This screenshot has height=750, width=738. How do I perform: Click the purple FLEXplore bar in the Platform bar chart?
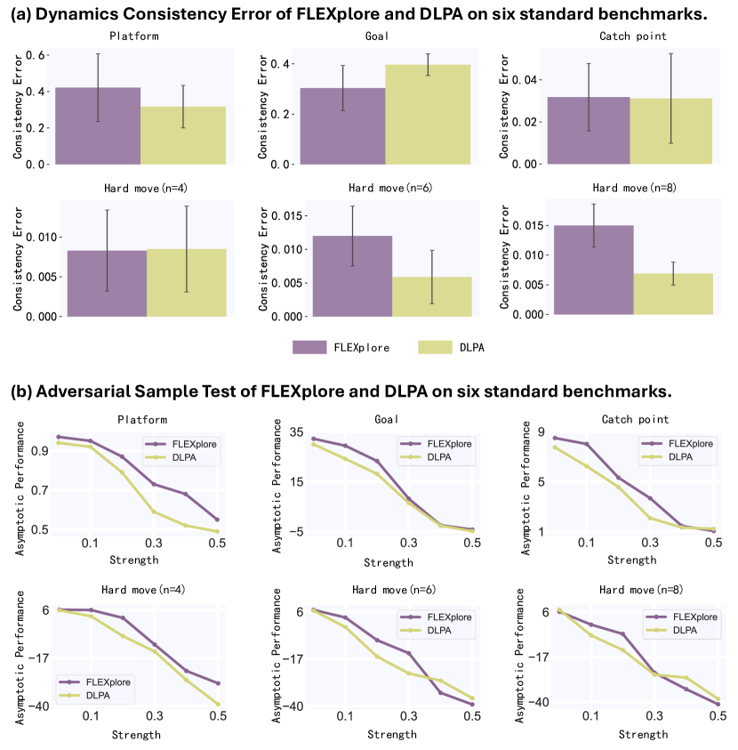click(x=98, y=125)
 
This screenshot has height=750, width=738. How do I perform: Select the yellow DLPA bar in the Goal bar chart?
click(x=429, y=114)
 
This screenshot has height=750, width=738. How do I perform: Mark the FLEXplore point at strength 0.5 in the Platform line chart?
click(x=217, y=520)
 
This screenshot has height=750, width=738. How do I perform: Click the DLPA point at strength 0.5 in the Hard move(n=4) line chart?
click(x=217, y=705)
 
